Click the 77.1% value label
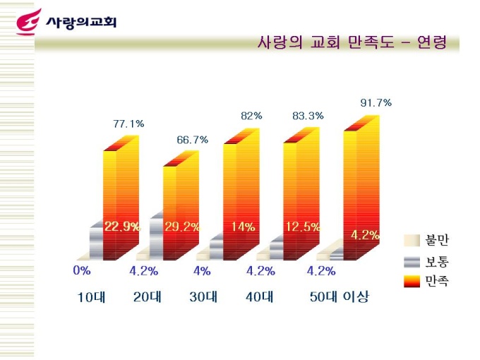(128, 124)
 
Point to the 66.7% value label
(192, 140)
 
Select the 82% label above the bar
(251, 116)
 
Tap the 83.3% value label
(308, 116)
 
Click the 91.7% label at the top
(376, 102)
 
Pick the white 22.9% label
(122, 227)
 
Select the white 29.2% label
(181, 227)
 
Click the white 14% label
(243, 227)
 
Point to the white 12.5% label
(303, 227)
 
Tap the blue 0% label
(82, 270)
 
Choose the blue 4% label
(202, 270)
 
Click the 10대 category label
(91, 297)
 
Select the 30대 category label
(203, 297)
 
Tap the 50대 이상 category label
(339, 297)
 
